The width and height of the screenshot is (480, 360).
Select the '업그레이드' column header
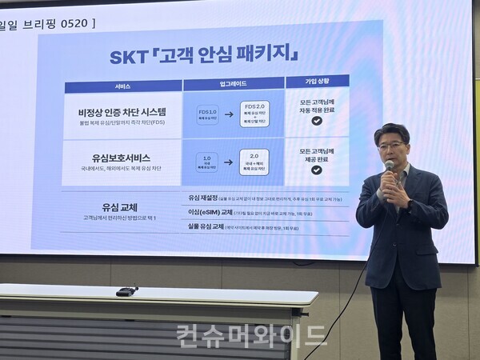pyautogui.click(x=233, y=84)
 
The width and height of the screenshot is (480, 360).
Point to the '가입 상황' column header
pyautogui.click(x=318, y=81)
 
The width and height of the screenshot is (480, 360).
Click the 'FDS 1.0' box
pyautogui.click(x=208, y=116)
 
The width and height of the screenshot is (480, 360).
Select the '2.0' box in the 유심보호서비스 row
pyautogui.click(x=254, y=162)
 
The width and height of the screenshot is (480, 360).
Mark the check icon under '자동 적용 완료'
pyautogui.click(x=317, y=121)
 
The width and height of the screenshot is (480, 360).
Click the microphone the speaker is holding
pyautogui.click(x=389, y=168)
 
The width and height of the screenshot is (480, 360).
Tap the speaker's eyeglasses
pyautogui.click(x=392, y=145)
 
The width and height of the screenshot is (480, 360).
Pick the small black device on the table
pyautogui.click(x=126, y=291)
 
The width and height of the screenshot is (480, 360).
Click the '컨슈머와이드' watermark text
pyautogui.click(x=251, y=334)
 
